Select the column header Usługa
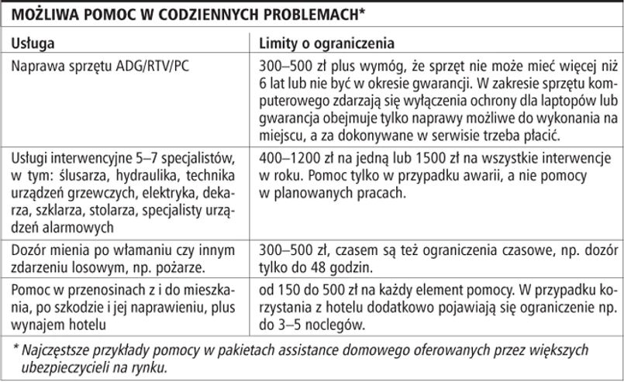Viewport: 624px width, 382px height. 32,41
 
